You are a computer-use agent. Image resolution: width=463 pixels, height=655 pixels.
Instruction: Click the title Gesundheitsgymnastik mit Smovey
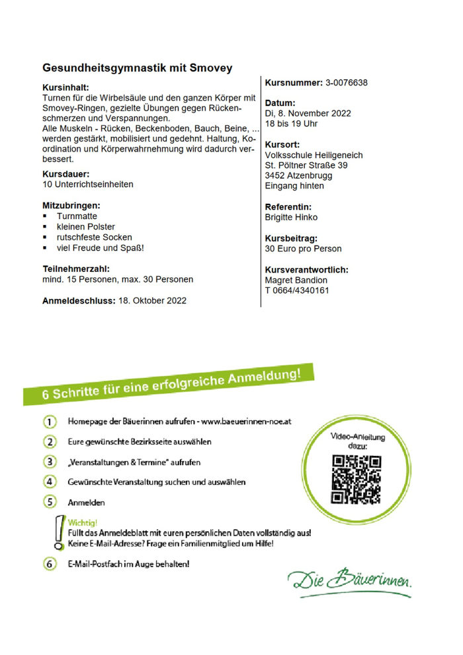coord(137,67)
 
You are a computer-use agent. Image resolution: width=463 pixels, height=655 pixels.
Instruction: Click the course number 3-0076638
coord(346,83)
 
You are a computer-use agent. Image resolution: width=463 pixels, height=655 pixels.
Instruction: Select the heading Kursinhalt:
coord(65,87)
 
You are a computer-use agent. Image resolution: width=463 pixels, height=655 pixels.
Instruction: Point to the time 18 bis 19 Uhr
coord(291,124)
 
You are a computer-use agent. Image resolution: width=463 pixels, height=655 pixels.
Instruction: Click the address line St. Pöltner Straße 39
coord(306,165)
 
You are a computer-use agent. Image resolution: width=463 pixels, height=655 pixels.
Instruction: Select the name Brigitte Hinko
coord(291,217)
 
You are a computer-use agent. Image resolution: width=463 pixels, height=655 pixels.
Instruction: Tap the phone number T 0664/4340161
coord(297,290)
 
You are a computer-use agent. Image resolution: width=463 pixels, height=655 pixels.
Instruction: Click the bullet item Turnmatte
coord(77,216)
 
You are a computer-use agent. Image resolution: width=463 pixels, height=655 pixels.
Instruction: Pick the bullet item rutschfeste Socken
coord(94,237)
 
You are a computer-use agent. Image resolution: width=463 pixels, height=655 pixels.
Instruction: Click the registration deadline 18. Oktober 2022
coord(152,300)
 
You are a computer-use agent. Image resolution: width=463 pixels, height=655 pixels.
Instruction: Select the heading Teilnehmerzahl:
coord(75,269)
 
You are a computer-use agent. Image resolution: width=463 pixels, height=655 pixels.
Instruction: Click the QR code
coord(357,480)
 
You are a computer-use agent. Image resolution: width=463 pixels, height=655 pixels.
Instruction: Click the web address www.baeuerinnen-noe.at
coord(247,421)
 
